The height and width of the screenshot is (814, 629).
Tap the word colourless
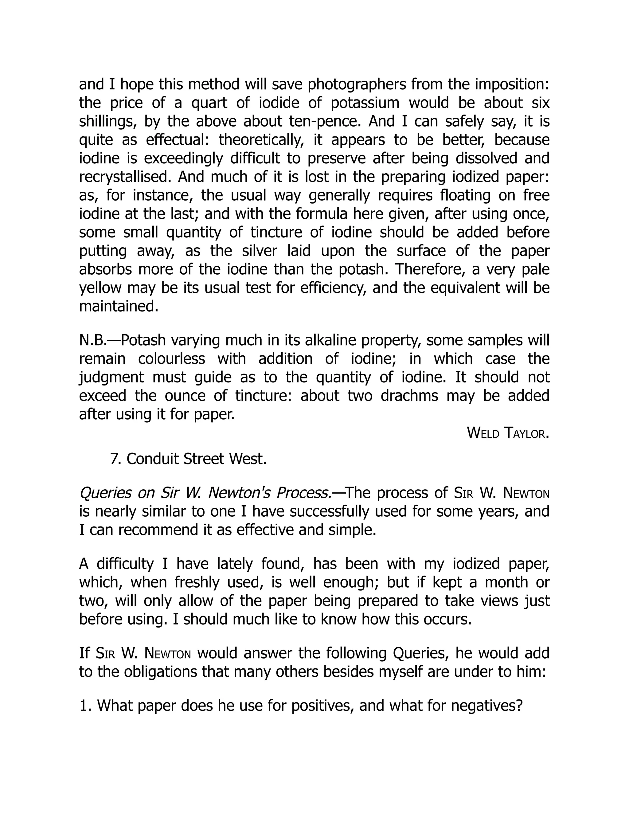coord(171,359)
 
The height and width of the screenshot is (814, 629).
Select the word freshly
coord(197,582)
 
